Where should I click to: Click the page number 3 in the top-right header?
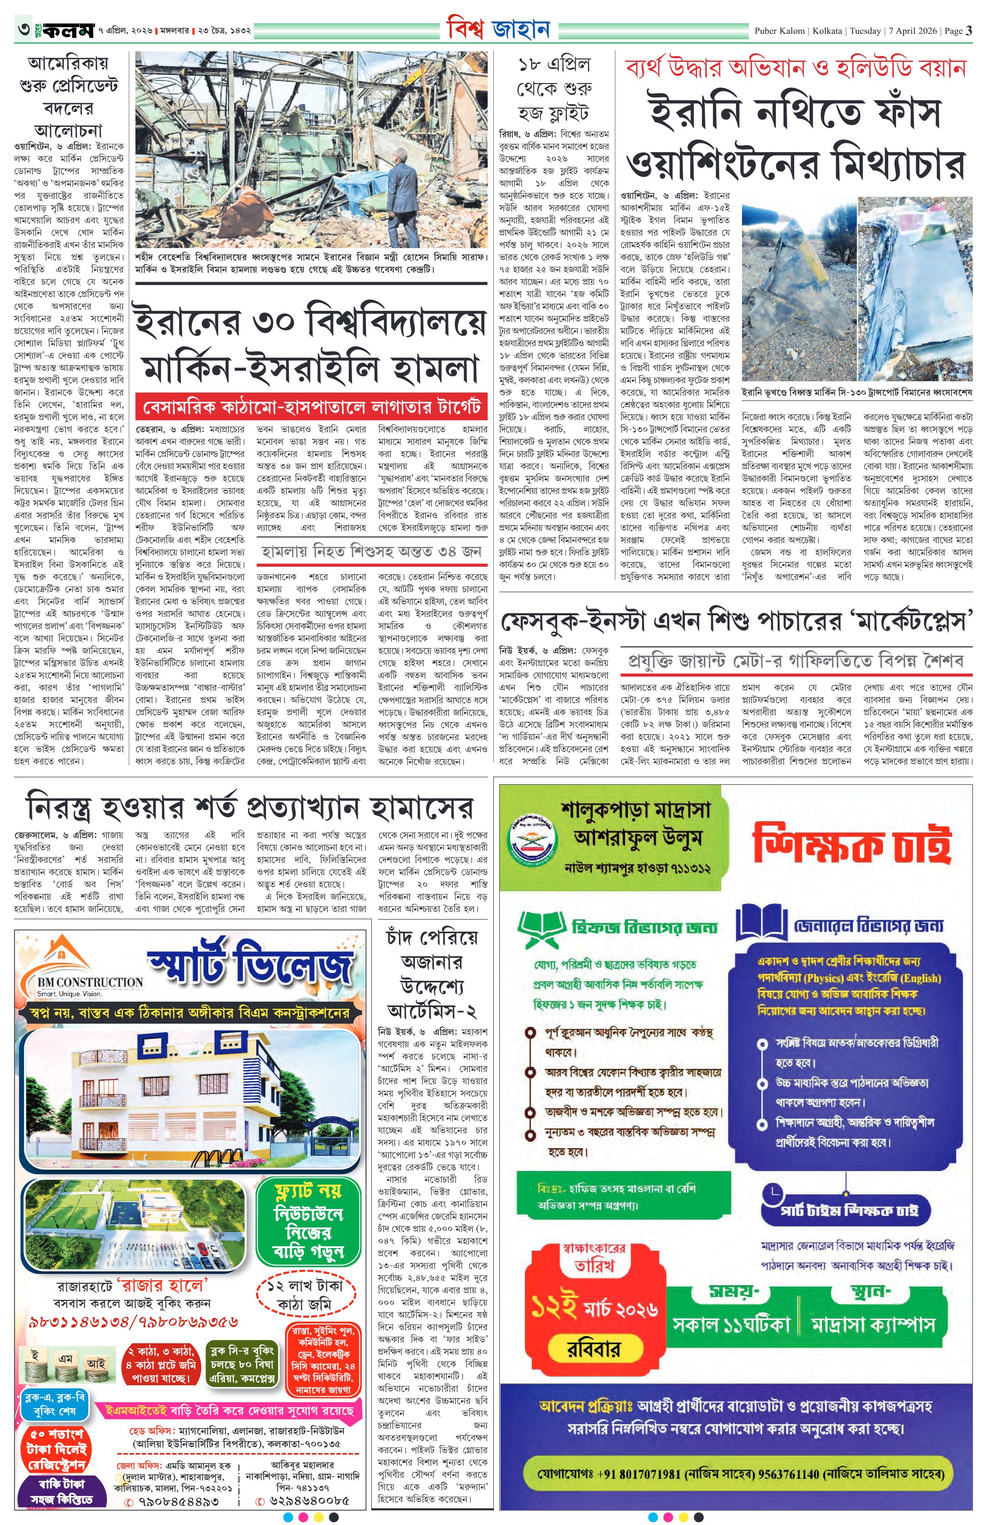pos(969,30)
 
